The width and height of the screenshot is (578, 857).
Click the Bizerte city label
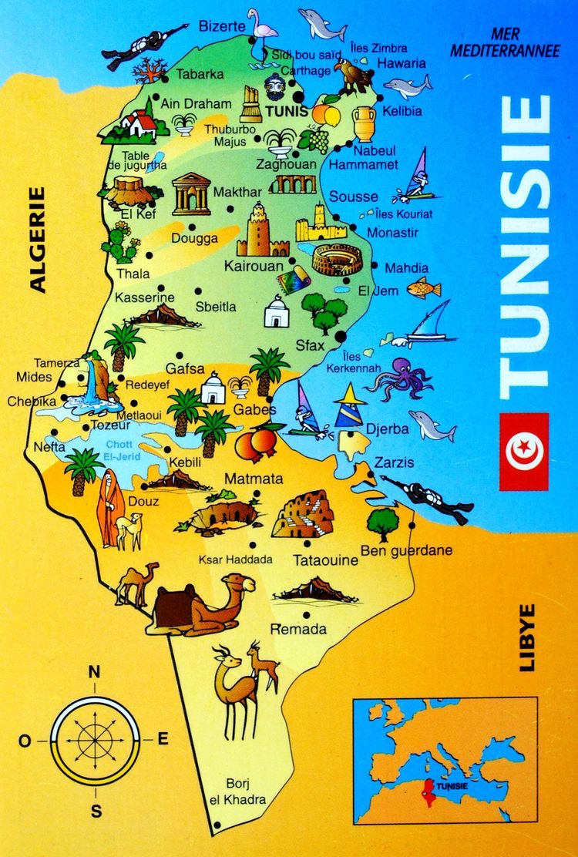[x=221, y=26]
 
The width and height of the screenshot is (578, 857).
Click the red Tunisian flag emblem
[x=524, y=452]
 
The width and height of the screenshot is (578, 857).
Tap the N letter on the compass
[x=95, y=670]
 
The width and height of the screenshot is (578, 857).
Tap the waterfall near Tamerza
[x=96, y=382]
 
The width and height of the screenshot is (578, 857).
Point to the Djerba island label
[x=388, y=429]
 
